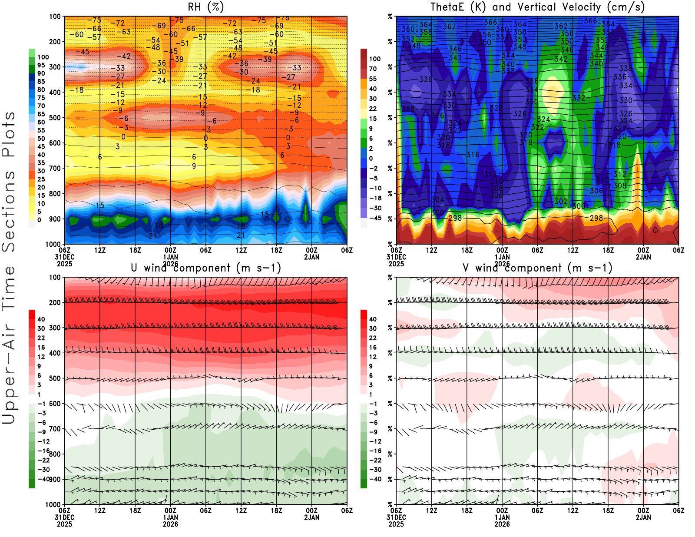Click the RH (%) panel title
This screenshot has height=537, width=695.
pyautogui.click(x=205, y=7)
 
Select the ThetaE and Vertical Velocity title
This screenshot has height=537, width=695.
pyautogui.click(x=537, y=7)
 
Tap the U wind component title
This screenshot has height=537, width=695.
pyautogui.click(x=205, y=268)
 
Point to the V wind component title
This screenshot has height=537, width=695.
pyautogui.click(x=537, y=268)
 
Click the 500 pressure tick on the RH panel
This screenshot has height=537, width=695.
pyautogui.click(x=55, y=118)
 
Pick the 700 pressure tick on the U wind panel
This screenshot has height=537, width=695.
pyautogui.click(x=55, y=429)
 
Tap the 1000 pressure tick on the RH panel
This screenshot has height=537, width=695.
pyautogui.click(x=53, y=244)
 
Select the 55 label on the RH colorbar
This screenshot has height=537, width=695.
pyautogui.click(x=41, y=130)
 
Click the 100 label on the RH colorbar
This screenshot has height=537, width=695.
pyautogui.click(x=43, y=57)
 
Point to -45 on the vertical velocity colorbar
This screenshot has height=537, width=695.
pyautogui.click(x=375, y=218)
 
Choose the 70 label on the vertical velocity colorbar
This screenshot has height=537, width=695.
pyautogui.click(x=373, y=69)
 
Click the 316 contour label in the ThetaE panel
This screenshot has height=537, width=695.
pyautogui.click(x=473, y=155)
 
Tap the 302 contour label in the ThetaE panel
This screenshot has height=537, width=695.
pyautogui.click(x=561, y=201)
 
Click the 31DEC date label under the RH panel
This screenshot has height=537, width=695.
pyautogui.click(x=64, y=257)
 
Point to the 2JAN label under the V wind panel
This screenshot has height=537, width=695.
pyautogui.click(x=643, y=517)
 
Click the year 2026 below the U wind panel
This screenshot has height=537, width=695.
pyautogui.click(x=170, y=524)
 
